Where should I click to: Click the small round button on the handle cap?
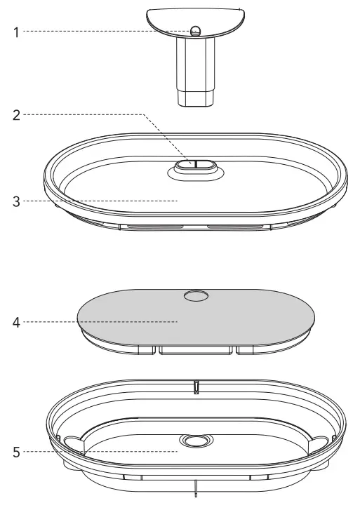point(196,30)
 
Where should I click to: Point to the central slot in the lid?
point(196,164)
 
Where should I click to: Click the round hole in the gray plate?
point(196,297)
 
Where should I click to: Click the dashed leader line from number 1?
point(105,32)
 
